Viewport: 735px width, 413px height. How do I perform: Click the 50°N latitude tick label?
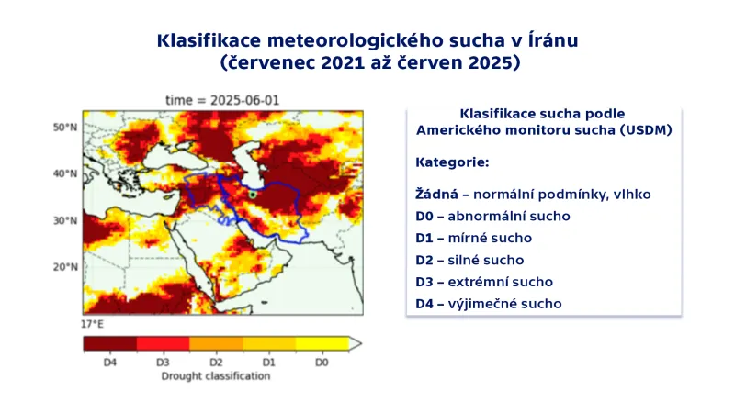pos(64,127)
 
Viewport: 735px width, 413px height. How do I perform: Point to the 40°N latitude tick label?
pos(64,173)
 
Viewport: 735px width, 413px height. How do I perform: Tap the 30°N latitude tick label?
pos(64,220)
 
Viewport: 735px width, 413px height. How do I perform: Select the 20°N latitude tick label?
pos(64,267)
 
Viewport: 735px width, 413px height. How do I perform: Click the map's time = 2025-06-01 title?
pos(222,100)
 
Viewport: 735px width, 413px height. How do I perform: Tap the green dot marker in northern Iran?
pos(252,195)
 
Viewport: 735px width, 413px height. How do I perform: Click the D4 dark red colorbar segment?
pos(110,343)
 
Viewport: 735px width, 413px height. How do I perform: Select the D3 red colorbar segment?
pos(164,343)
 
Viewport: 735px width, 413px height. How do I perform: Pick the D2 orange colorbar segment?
pos(217,343)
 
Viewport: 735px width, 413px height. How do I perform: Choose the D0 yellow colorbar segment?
pos(322,343)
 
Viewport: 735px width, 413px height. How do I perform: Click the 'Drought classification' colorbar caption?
pos(216,375)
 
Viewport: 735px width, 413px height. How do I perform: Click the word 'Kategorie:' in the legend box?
pos(452,162)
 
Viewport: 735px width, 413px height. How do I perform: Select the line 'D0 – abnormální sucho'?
pos(492,217)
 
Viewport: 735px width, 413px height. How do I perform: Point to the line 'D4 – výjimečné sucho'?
pos(488,304)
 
